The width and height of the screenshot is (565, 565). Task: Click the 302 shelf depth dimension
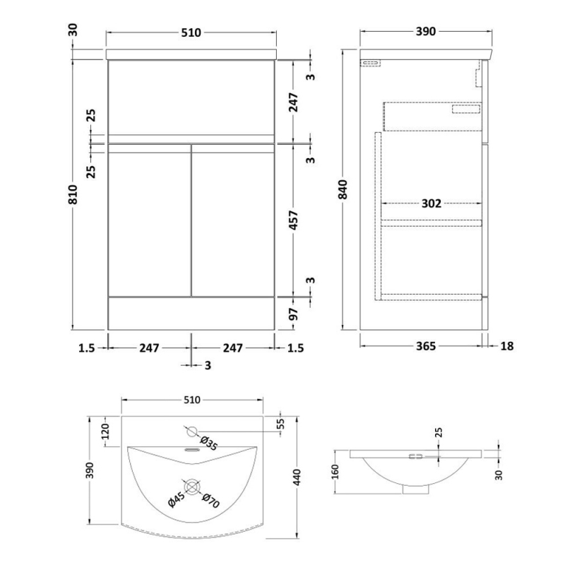coord(431,204)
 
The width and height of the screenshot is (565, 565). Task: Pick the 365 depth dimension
coord(424,346)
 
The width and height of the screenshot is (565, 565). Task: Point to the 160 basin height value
coord(336,469)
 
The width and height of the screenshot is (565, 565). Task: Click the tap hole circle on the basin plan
coord(191,430)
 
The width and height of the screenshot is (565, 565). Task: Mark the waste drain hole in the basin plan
coord(191,487)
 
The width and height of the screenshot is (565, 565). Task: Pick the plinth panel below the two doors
coord(191,313)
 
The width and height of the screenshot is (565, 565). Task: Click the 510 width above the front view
coord(191,32)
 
